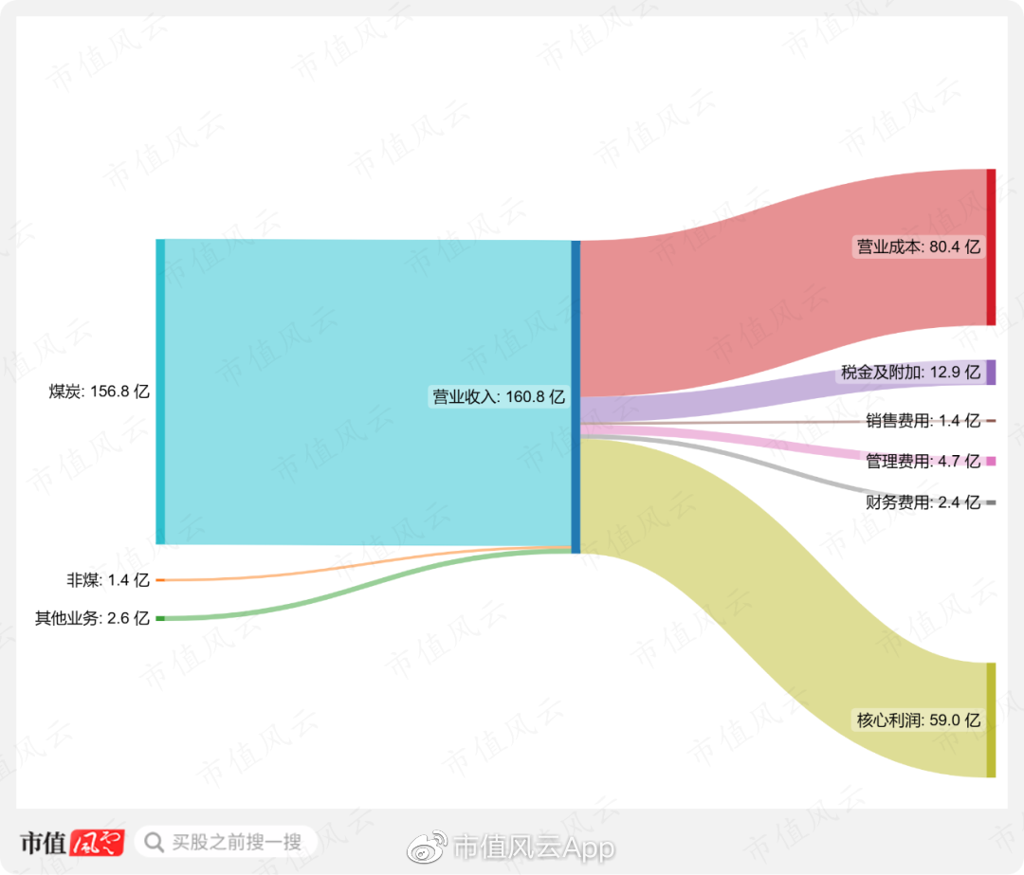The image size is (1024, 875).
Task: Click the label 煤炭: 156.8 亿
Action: [100, 392]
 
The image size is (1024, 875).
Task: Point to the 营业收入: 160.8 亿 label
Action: [499, 397]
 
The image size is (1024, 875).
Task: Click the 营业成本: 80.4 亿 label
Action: [919, 247]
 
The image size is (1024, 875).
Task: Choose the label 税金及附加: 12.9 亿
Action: [910, 373]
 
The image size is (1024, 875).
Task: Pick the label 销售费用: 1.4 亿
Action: [923, 421]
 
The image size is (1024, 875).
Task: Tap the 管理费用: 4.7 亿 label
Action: [923, 462]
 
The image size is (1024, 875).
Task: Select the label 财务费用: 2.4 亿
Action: [923, 502]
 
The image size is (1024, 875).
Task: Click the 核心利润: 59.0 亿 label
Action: [919, 720]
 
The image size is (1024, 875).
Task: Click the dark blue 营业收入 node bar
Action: [576, 396]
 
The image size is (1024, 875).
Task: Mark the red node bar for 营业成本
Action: [991, 247]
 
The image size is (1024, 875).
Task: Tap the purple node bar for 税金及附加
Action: [991, 373]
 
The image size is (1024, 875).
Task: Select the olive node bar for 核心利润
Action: [991, 720]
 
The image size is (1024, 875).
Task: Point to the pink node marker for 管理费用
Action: [991, 462]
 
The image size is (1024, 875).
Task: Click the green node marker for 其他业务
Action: [160, 618]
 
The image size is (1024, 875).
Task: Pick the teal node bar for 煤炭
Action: [160, 392]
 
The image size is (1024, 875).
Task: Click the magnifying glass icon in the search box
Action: [154, 842]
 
